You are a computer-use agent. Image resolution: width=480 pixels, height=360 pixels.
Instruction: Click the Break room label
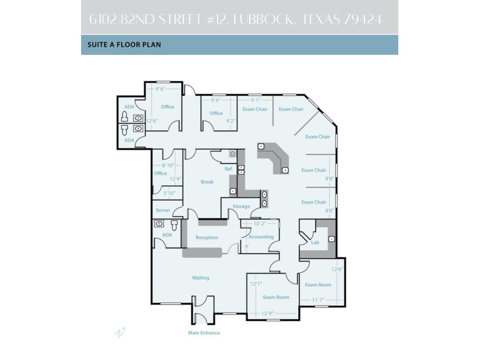[x=207, y=182]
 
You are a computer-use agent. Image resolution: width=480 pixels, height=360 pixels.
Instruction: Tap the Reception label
[x=206, y=237]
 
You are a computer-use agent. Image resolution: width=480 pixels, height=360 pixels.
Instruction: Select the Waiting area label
[x=200, y=278]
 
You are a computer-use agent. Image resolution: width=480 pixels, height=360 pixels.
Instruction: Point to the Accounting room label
[x=261, y=237]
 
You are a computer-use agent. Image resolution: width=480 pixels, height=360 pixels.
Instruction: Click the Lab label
[x=314, y=242]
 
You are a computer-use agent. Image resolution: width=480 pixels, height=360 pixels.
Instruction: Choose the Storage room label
[x=241, y=206]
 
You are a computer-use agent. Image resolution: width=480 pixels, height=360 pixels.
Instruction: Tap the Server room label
[x=163, y=210]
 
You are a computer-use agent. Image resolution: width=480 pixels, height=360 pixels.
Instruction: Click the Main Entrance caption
[x=204, y=333]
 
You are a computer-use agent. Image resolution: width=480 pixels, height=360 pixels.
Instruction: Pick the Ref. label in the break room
[x=229, y=169]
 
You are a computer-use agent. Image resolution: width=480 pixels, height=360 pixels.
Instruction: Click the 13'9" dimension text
[x=267, y=314]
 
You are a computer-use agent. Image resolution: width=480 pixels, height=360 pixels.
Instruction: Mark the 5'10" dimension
[x=170, y=193]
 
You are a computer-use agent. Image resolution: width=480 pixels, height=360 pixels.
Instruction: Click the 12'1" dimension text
[x=256, y=283]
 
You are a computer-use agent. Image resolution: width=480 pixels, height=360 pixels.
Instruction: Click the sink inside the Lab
[x=331, y=238]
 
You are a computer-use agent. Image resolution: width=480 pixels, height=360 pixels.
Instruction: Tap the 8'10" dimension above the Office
[x=168, y=165]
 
